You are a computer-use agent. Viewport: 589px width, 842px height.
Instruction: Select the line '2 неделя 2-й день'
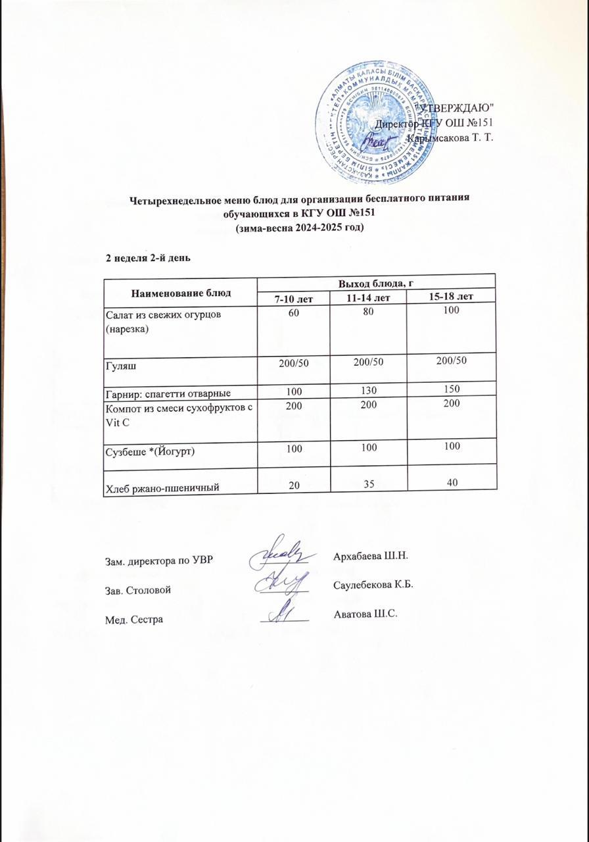tap(148, 258)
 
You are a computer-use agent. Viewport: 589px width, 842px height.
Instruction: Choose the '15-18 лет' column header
tap(451, 297)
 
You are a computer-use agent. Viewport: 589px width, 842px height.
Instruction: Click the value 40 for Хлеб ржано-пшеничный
tap(451, 483)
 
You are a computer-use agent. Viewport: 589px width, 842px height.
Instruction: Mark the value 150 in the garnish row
tap(451, 389)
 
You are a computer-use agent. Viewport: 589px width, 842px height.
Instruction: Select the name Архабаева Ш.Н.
tap(371, 556)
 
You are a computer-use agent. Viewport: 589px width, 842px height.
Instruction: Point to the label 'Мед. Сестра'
tap(134, 620)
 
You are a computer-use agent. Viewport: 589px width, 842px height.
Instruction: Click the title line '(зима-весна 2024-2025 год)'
tap(299, 228)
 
